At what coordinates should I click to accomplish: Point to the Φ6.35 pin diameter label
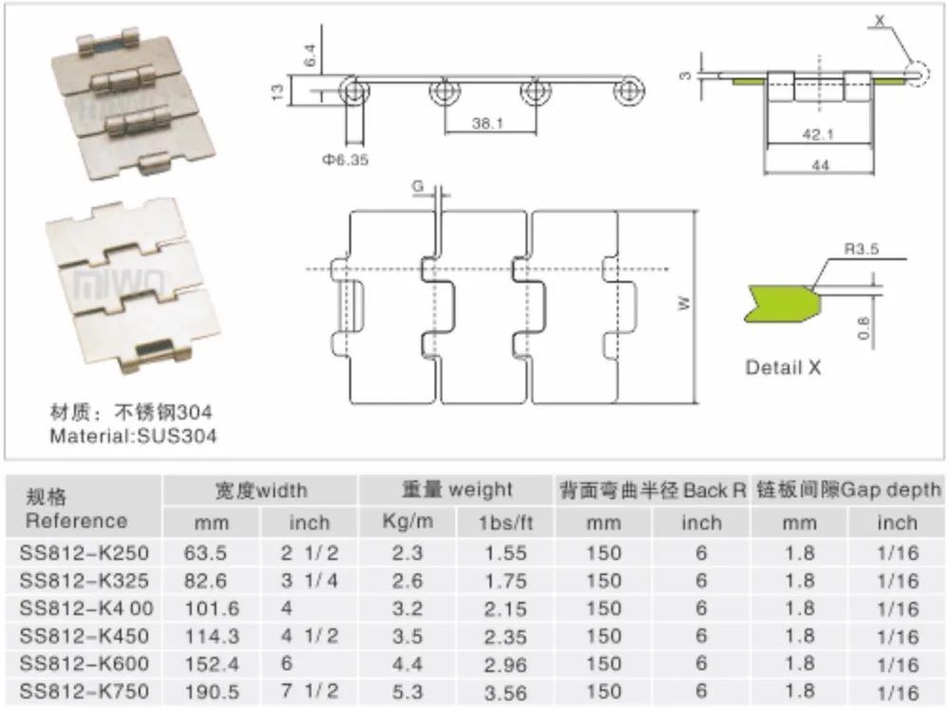coord(344,159)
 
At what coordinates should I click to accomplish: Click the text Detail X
coord(783,367)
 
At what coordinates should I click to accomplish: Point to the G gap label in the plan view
coord(418,185)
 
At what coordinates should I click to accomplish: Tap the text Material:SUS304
coord(133,437)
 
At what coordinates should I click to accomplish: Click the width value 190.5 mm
coord(206,692)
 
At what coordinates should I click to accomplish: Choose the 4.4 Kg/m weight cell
coord(408,664)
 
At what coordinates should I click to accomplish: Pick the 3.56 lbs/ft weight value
coord(504,692)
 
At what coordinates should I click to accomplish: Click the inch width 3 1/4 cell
coord(308,580)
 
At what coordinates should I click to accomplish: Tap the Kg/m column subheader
coord(408,521)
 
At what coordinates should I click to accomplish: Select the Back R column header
coord(652,491)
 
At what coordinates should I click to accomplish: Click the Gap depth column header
coord(848,491)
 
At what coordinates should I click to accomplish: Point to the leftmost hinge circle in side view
coord(356,91)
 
